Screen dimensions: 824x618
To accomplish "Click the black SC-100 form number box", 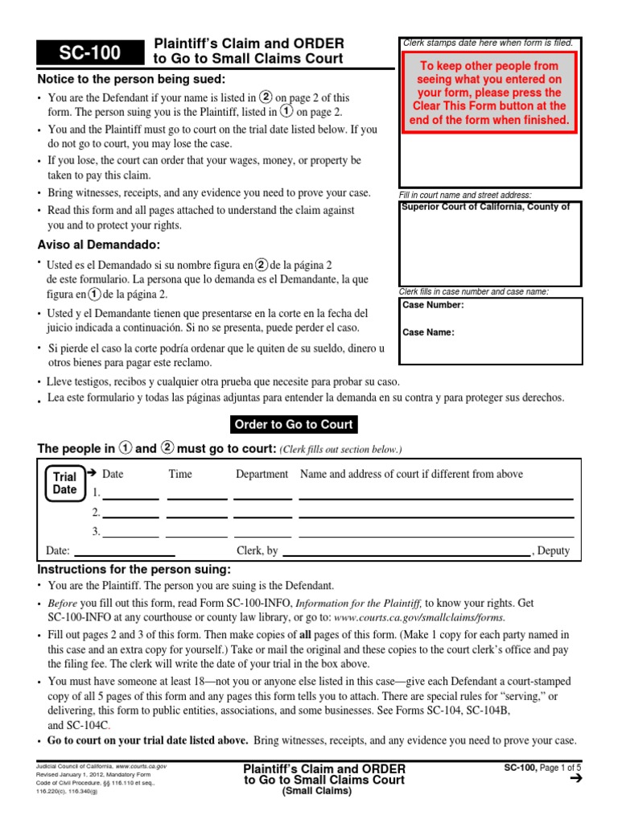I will click(x=89, y=53).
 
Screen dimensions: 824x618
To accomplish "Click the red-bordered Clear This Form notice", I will click(x=491, y=93).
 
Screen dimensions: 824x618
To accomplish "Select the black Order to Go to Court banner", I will click(x=294, y=425).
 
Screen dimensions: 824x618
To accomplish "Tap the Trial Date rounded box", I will click(x=65, y=483).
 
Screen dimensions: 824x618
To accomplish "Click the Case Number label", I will click(x=432, y=305).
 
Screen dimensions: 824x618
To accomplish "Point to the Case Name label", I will click(x=428, y=332).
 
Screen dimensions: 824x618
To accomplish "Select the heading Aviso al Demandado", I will click(x=99, y=245).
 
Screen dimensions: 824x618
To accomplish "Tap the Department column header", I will click(x=262, y=474).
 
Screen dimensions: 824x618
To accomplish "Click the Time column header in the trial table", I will click(x=180, y=474).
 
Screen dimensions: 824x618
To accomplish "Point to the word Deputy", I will click(x=554, y=551).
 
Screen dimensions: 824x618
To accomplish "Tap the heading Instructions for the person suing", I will click(x=134, y=570).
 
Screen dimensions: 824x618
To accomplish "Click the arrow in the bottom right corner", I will click(x=574, y=779).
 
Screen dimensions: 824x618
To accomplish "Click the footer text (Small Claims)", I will click(x=324, y=791).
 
